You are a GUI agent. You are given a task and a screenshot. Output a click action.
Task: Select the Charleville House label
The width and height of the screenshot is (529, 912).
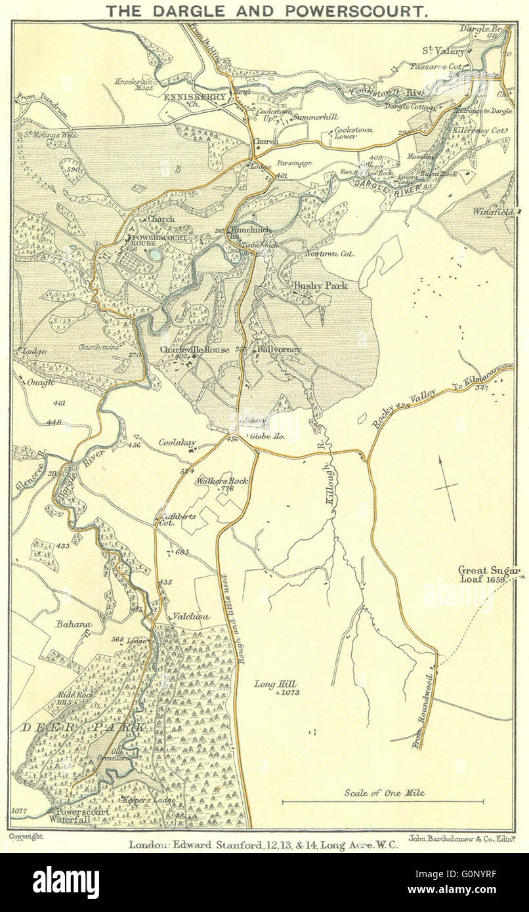pos(194,350)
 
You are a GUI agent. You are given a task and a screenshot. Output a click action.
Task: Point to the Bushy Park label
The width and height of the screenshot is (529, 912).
pos(320,286)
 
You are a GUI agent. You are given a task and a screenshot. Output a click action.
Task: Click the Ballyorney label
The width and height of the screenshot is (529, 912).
pos(279,350)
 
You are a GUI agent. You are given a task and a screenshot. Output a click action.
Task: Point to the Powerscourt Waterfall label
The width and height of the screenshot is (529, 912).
pos(79,816)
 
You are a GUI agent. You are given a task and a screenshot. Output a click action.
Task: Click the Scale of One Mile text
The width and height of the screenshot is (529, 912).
pos(384,793)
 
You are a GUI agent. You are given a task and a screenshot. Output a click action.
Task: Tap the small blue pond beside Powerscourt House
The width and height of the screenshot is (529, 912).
pos(154,253)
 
